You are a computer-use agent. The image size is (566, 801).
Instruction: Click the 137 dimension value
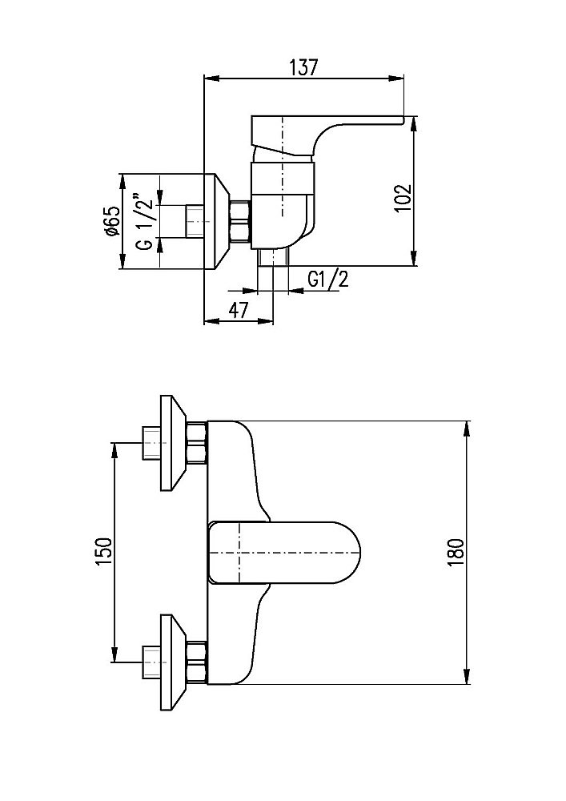[303, 67]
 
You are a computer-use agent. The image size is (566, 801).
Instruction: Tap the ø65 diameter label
[112, 221]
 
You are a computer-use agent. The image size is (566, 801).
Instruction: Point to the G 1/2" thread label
[143, 221]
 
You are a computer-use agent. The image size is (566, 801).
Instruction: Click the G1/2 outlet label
[328, 280]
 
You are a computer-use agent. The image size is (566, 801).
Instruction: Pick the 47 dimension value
[237, 309]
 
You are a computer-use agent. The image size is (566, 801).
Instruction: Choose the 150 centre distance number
[103, 552]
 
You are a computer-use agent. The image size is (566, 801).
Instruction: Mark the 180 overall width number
[456, 551]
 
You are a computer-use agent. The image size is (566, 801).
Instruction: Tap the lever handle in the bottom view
[284, 553]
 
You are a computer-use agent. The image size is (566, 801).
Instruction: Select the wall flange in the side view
[216, 221]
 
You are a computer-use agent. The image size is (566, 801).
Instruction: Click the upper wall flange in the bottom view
[173, 443]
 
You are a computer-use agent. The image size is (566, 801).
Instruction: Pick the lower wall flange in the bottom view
[173, 662]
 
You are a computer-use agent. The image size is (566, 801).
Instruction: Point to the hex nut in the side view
[240, 221]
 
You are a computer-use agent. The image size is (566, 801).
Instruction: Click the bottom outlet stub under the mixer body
[273, 258]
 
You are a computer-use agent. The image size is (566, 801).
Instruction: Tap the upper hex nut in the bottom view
[197, 443]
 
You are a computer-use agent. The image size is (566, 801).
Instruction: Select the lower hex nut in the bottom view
[197, 662]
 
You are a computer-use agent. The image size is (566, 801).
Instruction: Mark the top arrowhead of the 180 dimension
[467, 428]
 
